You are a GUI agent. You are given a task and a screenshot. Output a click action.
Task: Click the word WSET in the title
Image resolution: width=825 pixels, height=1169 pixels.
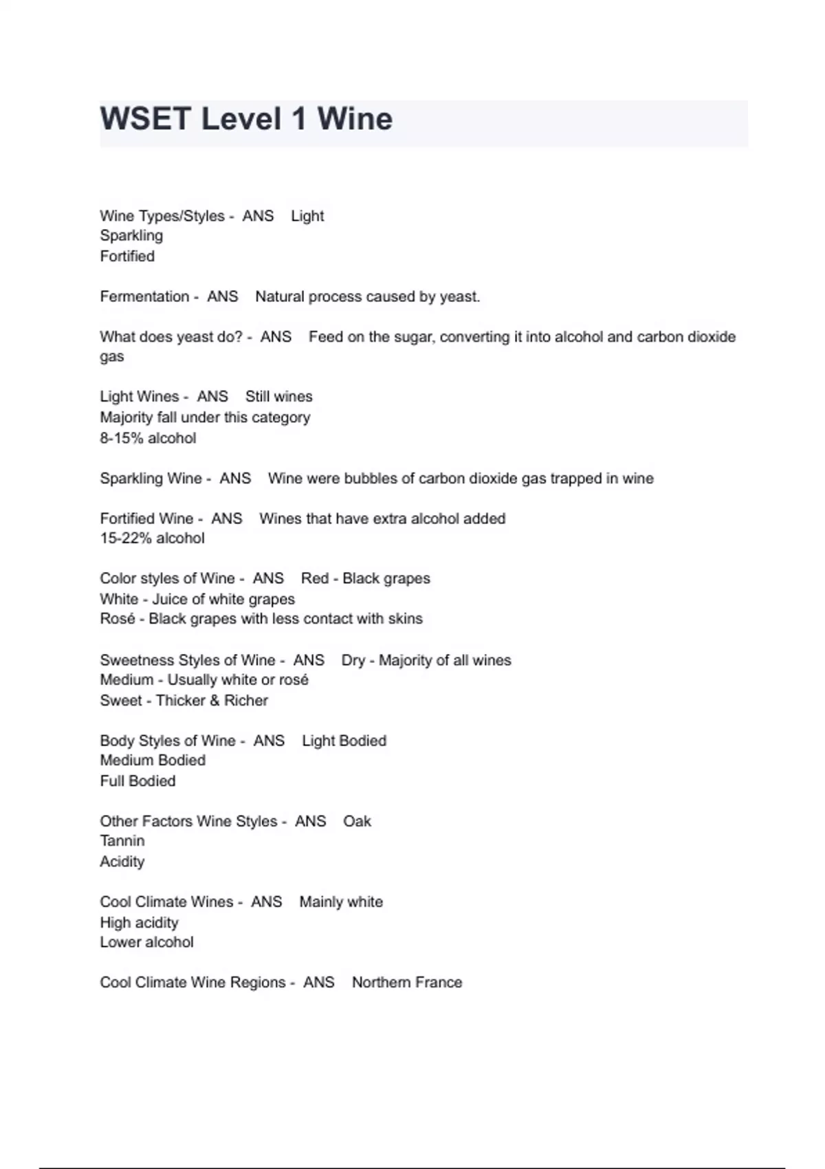click(146, 119)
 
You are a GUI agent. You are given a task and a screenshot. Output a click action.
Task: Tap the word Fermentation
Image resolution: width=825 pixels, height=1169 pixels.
click(144, 296)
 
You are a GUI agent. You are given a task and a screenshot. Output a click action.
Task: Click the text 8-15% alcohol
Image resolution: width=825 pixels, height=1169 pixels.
click(148, 438)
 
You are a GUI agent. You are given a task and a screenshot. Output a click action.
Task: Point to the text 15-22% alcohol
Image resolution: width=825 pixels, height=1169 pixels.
click(152, 538)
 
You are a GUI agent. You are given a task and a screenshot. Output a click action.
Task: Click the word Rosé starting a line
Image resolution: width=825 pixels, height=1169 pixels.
click(117, 618)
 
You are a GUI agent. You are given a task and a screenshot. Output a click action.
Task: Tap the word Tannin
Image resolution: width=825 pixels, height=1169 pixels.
click(122, 840)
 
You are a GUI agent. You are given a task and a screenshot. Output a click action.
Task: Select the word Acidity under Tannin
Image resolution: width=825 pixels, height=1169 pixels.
click(122, 861)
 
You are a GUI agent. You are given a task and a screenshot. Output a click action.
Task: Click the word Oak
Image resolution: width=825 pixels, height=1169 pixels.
click(357, 821)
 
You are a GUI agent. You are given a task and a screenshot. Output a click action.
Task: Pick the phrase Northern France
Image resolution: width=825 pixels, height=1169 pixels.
click(406, 982)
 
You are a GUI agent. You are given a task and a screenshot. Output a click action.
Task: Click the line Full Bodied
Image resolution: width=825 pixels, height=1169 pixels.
click(137, 780)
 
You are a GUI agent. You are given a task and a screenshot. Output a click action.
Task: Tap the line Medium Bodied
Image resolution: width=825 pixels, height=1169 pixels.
click(153, 760)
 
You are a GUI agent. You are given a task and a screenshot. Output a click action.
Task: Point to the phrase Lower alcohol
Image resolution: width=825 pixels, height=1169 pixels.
click(146, 941)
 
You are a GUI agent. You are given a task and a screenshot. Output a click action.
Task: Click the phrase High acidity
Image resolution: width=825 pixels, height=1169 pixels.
click(139, 922)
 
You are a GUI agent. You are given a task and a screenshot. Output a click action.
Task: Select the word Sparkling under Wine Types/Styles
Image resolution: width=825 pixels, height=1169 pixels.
click(131, 235)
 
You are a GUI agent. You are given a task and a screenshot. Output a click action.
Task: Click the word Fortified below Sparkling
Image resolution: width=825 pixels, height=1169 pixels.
click(127, 256)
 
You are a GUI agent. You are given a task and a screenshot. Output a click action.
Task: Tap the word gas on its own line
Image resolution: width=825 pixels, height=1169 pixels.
click(112, 356)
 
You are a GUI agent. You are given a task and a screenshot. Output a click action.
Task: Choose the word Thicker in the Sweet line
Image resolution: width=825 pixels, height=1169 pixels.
click(179, 700)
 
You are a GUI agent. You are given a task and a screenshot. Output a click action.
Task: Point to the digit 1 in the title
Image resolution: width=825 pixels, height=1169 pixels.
click(298, 119)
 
